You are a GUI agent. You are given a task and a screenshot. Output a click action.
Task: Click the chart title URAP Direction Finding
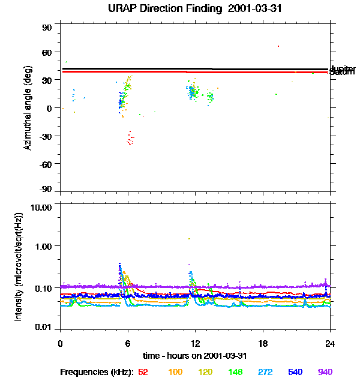pyautogui.click(x=157, y=9)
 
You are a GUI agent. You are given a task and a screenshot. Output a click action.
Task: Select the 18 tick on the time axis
pyautogui.click(x=263, y=343)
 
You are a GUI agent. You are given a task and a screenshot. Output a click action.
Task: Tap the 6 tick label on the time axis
pyautogui.click(x=128, y=343)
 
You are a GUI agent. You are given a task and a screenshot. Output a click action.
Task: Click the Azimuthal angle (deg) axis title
pyautogui.click(x=28, y=108)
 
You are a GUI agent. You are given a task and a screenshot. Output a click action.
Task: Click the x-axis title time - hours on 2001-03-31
pyautogui.click(x=196, y=355)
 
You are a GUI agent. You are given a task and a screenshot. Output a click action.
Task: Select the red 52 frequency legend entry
pyautogui.click(x=143, y=372)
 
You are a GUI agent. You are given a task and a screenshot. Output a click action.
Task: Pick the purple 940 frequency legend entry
pyautogui.click(x=325, y=372)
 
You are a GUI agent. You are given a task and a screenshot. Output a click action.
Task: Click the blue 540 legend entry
pyautogui.click(x=295, y=372)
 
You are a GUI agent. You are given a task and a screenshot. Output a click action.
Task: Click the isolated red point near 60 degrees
pyautogui.click(x=278, y=46)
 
